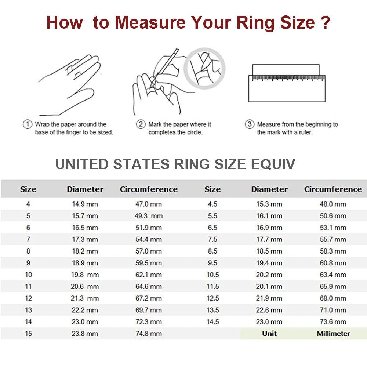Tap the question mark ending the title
pos(325,22)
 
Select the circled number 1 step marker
pos(28,124)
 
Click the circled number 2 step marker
pos(141,124)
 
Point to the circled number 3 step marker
pos(250,124)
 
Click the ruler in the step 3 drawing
pos(287,88)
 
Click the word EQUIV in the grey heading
pos(273,164)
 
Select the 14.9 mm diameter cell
pos(85,204)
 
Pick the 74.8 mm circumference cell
pos(148,334)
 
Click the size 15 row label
pos(28,334)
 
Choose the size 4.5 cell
pos(212,204)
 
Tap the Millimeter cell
pos(333,334)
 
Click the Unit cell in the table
pos(269,334)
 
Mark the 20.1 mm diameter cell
pos(269,287)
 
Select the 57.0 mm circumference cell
pos(148,251)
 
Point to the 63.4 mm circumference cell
pos(333,275)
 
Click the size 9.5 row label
pos(212,263)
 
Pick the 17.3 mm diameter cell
pos(85,240)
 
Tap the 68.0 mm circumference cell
pos(333,298)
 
